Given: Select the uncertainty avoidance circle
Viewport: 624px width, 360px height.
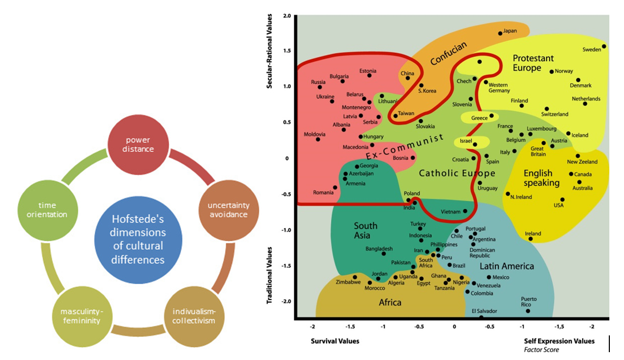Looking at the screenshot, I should tap(223, 209).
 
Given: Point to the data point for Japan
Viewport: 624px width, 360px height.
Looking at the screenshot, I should tap(500, 33).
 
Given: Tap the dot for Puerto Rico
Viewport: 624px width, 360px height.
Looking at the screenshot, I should tap(528, 311).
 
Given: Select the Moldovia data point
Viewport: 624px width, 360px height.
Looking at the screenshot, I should tap(318, 139).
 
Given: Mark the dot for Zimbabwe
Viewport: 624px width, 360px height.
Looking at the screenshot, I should tap(354, 277).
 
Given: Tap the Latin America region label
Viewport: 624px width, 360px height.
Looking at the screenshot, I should tap(507, 266).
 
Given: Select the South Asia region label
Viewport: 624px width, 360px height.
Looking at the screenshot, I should tap(365, 231).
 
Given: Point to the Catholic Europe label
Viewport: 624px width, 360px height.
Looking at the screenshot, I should tap(456, 173).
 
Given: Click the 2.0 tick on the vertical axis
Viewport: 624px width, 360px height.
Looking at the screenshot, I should tap(286, 16).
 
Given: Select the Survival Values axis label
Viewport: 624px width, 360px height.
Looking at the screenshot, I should tap(335, 341).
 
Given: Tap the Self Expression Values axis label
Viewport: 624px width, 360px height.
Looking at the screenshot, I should tap(559, 341).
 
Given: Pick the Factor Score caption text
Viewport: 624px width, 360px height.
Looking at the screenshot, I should tap(541, 350).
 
